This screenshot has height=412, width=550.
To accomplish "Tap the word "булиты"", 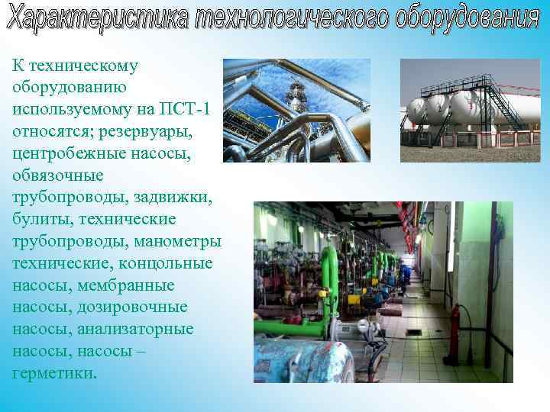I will [37, 220].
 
